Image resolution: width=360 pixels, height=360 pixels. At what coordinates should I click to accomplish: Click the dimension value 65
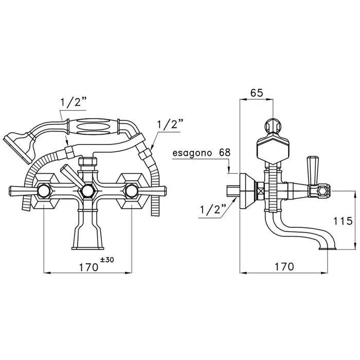[x=257, y=93]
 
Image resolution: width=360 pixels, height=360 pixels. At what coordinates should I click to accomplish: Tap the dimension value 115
[x=343, y=221]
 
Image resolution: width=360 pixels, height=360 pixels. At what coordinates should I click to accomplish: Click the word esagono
[x=192, y=153]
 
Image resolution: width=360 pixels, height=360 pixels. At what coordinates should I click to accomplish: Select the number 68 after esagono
[x=225, y=152]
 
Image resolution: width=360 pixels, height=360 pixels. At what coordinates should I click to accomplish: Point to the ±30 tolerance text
[x=107, y=260]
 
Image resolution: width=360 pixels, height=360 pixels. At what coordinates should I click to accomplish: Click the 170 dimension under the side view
[x=284, y=266]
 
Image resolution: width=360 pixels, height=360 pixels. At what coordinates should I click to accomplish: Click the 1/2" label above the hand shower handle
[x=74, y=102]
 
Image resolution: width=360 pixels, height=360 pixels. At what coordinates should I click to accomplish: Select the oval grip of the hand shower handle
[x=93, y=127]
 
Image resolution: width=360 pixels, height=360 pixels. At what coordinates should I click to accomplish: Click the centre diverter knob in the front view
[x=87, y=191]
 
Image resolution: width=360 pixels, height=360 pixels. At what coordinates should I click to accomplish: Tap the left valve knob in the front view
[x=44, y=191]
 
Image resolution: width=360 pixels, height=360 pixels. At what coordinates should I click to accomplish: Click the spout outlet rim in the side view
[x=328, y=248]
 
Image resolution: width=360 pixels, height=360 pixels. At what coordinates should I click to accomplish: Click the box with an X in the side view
[x=260, y=191]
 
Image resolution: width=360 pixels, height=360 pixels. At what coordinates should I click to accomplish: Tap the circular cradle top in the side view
[x=273, y=125]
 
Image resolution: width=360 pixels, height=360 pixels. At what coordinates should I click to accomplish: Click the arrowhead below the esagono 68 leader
[x=229, y=169]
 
